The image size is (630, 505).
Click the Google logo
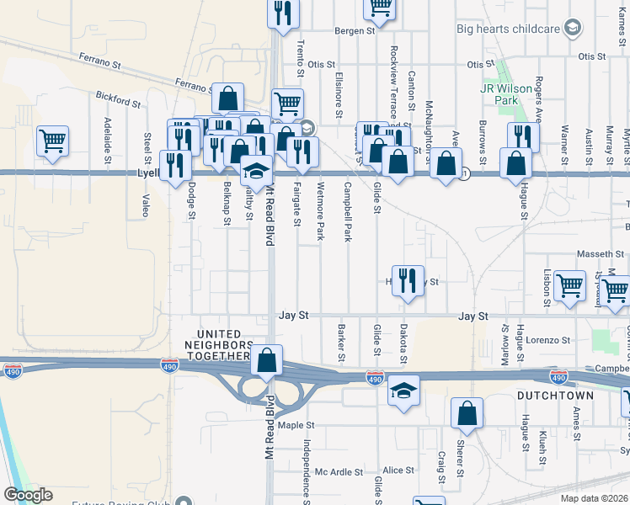[28, 495]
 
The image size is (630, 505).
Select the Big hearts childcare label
[508, 29]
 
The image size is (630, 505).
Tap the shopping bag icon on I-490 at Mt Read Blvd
[267, 361]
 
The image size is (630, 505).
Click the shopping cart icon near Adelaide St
[52, 141]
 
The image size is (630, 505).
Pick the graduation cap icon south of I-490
[403, 391]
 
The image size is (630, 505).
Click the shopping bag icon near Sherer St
[467, 413]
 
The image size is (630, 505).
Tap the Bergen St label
[354, 31]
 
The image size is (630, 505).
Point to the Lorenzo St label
[548, 341]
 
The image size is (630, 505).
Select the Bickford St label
[118, 101]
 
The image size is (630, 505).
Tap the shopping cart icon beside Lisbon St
[569, 285]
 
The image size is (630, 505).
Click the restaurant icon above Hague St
[523, 137]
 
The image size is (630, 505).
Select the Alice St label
[393, 470]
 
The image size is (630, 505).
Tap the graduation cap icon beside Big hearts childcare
[573, 29]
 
